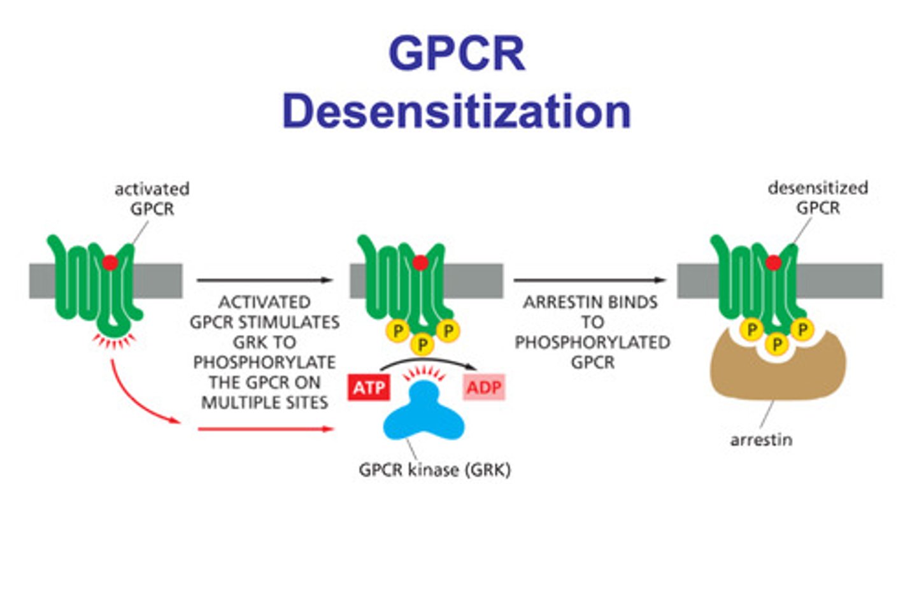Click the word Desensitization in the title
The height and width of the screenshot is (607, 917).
click(456, 111)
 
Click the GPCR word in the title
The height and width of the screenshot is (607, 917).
click(456, 54)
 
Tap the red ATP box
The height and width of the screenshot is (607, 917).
click(369, 387)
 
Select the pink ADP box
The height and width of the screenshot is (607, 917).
click(484, 387)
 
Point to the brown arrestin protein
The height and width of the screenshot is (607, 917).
click(777, 376)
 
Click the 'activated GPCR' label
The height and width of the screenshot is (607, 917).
click(152, 199)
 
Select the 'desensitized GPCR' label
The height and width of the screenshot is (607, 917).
click(818, 197)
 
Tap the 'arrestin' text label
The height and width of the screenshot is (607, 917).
click(761, 439)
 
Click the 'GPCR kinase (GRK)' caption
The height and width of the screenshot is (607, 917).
click(434, 470)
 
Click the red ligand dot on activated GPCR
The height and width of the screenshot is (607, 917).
click(110, 262)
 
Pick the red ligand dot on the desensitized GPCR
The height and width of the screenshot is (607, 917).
click(773, 262)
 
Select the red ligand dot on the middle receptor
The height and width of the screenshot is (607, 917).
click(420, 262)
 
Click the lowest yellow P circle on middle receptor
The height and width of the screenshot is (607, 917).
click(422, 345)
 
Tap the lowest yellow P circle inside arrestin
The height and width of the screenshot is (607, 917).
click(776, 345)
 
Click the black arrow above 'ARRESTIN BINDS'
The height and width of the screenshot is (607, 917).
click(589, 280)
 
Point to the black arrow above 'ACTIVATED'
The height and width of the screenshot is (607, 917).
click(264, 280)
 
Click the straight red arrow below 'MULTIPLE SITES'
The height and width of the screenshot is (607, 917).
click(265, 429)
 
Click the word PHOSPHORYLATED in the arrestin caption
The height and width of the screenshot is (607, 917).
click(592, 342)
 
